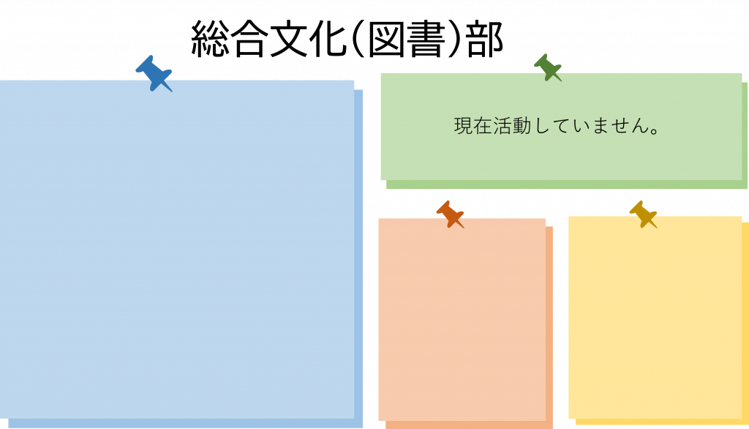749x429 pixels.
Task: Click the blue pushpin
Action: pyautogui.click(x=154, y=74)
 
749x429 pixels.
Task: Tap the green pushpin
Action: pyautogui.click(x=547, y=68)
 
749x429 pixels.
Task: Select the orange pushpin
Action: pyautogui.click(x=450, y=214)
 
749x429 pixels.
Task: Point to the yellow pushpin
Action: pyautogui.click(x=643, y=214)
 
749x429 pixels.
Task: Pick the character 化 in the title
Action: pyautogui.click(x=328, y=40)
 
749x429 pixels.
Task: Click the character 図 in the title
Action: pyautogui.click(x=386, y=40)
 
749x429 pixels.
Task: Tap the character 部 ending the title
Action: pyautogui.click(x=485, y=40)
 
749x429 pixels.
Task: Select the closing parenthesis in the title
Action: pyautogui.click(x=455, y=40)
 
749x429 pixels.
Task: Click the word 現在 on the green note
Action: pyautogui.click(x=473, y=126)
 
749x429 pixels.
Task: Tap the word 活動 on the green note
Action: pyautogui.click(x=511, y=126)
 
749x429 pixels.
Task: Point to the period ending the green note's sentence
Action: pyautogui.click(x=655, y=130)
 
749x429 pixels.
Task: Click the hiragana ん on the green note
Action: pyautogui.click(x=640, y=126)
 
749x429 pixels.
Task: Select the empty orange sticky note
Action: pyautogui.click(x=462, y=319)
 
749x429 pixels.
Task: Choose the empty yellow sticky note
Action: pyautogui.click(x=655, y=318)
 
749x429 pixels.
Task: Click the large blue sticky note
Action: pyautogui.click(x=177, y=250)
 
